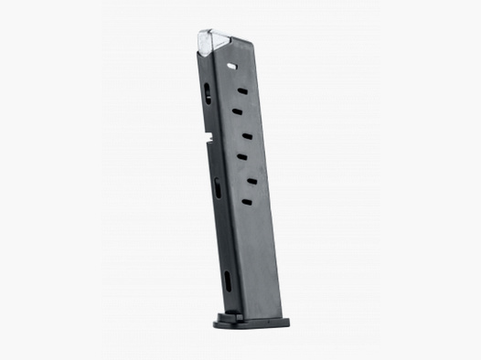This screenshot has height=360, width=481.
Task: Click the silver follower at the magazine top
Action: click(215, 41)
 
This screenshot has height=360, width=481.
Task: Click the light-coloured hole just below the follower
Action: click(230, 67)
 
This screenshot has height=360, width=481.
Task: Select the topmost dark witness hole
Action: click(241, 90)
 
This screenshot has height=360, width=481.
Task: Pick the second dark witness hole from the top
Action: click(237, 111)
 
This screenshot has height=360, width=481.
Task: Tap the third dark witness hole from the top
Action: click(247, 136)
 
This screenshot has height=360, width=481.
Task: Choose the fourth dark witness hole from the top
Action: click(242, 157)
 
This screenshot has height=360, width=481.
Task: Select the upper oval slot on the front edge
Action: click(208, 92)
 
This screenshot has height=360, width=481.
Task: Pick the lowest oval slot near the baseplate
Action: click(226, 281)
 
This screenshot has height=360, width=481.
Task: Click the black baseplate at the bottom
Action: click(251, 321)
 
